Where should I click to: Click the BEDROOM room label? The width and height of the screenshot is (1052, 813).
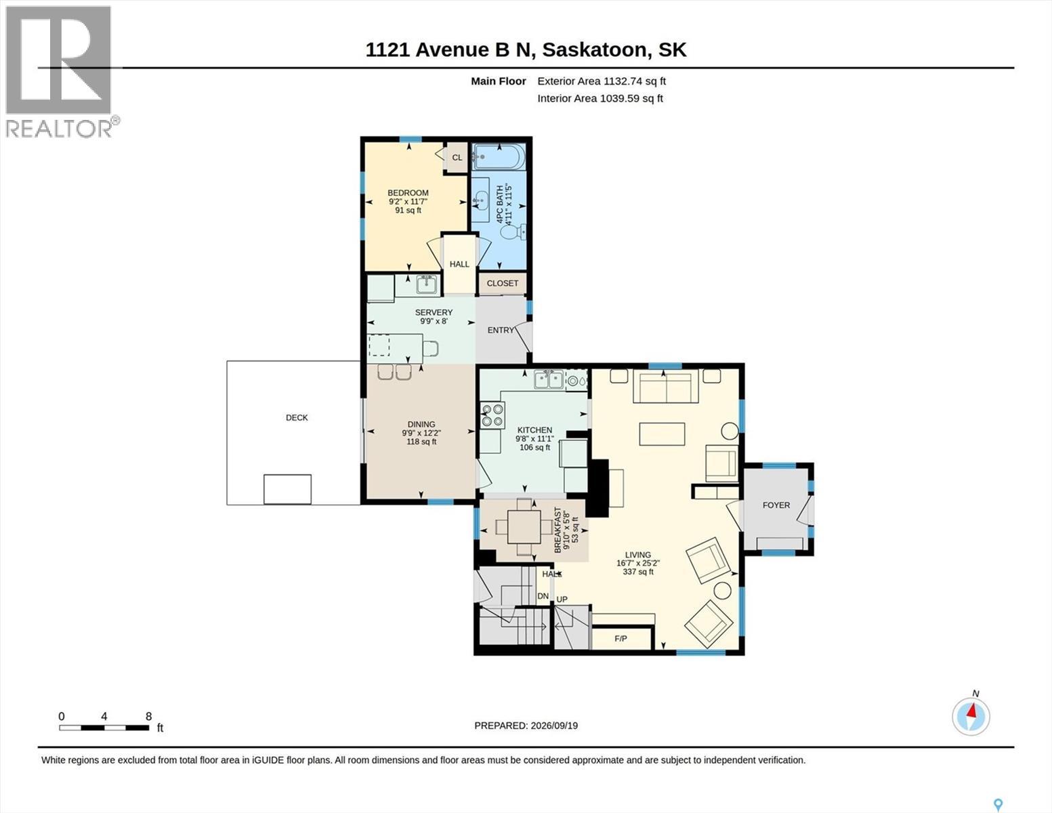[x=408, y=192]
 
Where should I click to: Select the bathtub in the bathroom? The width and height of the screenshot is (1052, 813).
[x=499, y=157]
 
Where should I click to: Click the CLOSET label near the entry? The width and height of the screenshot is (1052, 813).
[x=502, y=283]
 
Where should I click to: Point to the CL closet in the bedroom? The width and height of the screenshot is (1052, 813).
[x=457, y=157]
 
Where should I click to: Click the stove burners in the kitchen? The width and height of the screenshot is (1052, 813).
[x=492, y=415]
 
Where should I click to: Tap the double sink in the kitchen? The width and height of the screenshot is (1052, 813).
[x=549, y=379]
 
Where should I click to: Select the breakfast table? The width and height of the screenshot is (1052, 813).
[x=524, y=527]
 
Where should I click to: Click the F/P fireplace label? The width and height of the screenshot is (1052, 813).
[x=620, y=638]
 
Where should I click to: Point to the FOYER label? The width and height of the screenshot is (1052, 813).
[x=776, y=505]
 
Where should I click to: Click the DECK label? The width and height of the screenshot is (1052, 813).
[x=297, y=417]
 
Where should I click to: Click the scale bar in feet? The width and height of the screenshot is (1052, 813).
[x=104, y=728]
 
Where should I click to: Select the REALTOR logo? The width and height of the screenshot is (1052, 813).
[x=60, y=72]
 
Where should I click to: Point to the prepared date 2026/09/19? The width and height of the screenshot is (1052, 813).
[x=554, y=726]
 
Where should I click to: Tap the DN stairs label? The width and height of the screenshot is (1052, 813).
[x=543, y=597]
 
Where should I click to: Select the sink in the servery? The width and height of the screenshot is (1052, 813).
[x=427, y=285]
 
